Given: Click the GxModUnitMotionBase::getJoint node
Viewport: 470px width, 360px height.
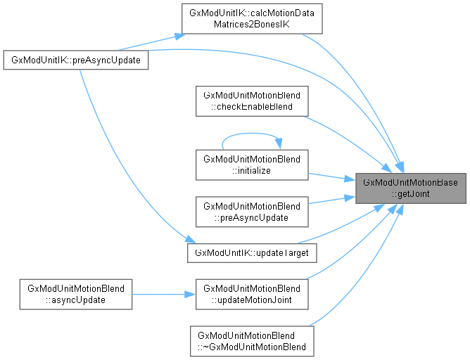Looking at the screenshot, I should [x=410, y=188].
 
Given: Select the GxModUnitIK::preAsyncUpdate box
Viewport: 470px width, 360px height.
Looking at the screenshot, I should [x=77, y=60].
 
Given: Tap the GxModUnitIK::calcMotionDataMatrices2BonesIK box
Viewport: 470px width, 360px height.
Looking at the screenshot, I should [x=252, y=19].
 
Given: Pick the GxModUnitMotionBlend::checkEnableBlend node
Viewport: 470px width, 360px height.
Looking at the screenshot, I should [x=252, y=101].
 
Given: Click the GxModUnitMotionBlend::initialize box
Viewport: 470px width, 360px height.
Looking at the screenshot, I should [x=252, y=165].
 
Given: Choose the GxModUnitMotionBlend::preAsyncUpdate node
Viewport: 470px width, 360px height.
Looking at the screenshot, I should [x=252, y=212].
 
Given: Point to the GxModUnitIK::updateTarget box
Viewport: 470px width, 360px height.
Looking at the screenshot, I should [x=252, y=252].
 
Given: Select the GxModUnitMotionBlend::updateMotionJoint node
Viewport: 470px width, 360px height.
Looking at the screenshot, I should [x=252, y=295].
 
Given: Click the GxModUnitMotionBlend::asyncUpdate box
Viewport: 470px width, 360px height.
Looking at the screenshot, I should [x=77, y=295].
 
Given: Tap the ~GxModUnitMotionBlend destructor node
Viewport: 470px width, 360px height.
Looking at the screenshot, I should [x=252, y=341].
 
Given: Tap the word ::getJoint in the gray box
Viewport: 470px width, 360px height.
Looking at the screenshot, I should [x=410, y=194].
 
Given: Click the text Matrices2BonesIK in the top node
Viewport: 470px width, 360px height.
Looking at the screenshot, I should [x=252, y=25].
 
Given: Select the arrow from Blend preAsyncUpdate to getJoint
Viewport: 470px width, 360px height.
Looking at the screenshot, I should [x=331, y=200].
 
